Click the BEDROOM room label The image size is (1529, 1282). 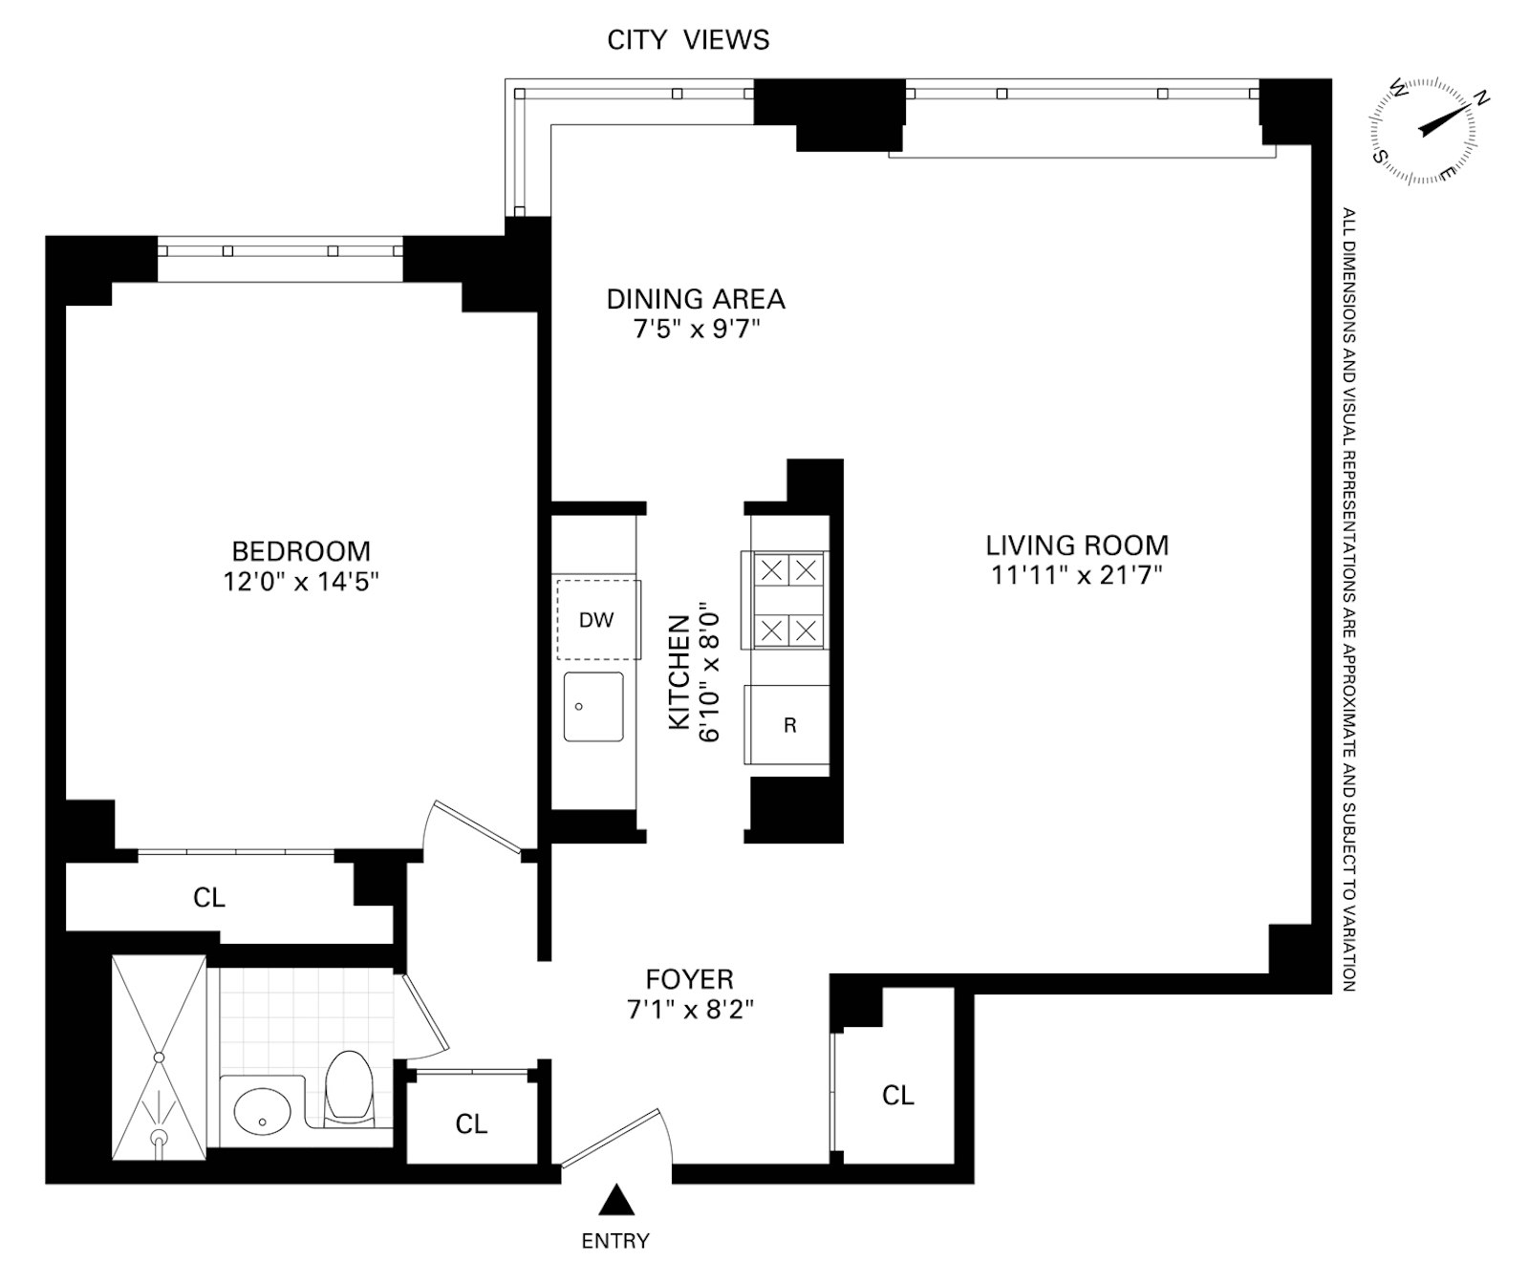click(x=301, y=551)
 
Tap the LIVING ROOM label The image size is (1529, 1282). click(x=1077, y=545)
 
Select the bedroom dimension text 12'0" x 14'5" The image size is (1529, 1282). click(x=301, y=581)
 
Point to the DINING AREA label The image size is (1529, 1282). click(x=696, y=299)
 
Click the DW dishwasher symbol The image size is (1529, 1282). click(x=598, y=619)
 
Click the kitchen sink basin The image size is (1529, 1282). click(x=593, y=707)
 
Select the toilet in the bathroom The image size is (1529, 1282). click(x=349, y=1087)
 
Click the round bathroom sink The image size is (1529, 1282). click(x=261, y=1112)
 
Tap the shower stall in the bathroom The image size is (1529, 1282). click(x=159, y=1057)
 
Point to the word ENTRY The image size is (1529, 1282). click(x=615, y=1241)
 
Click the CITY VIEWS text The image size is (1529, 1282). click(x=688, y=39)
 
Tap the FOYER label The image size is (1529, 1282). click(x=690, y=979)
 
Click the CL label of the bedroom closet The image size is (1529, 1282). click(x=209, y=898)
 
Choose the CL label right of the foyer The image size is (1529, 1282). click(x=898, y=1095)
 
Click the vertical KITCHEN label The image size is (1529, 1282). click(x=678, y=673)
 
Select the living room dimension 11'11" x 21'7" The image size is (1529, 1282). click(x=1077, y=575)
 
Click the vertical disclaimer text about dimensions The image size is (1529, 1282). click(x=1348, y=599)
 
